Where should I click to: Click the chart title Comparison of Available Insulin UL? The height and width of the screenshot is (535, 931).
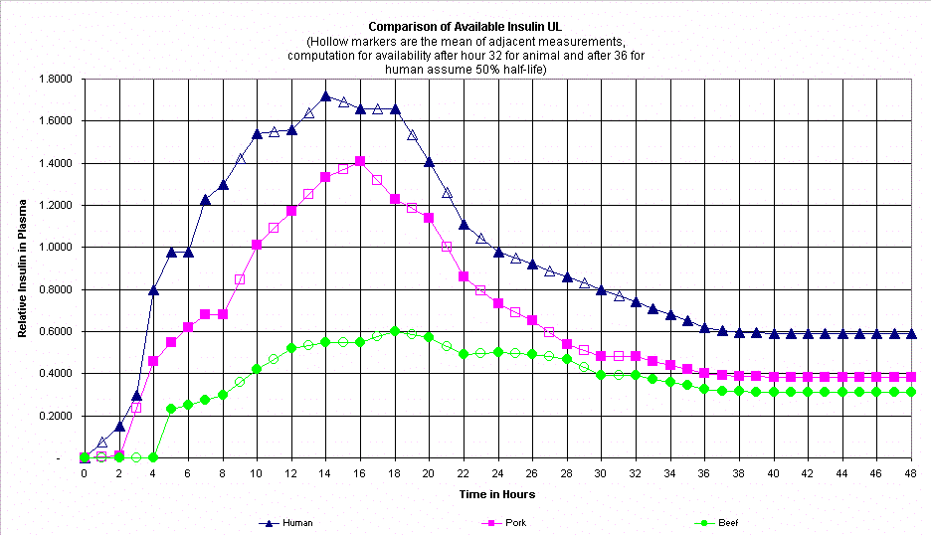coord(465,27)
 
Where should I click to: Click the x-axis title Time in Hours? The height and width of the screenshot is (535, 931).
coord(498,494)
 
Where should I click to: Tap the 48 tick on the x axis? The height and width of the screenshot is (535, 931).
coord(912,474)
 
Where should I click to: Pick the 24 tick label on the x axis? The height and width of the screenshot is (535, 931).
coord(498,474)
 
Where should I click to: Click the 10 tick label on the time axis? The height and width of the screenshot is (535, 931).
coord(257,474)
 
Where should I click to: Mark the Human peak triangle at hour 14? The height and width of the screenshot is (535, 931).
coord(326,96)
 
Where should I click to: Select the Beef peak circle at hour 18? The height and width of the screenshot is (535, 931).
coord(395,331)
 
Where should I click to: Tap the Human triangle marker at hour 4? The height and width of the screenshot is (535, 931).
coord(153,290)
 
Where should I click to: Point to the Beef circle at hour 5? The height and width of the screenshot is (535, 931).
coord(171,409)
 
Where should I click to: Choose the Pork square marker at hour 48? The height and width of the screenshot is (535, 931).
coord(912,377)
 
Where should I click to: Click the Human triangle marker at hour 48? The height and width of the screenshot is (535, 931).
coord(912,334)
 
